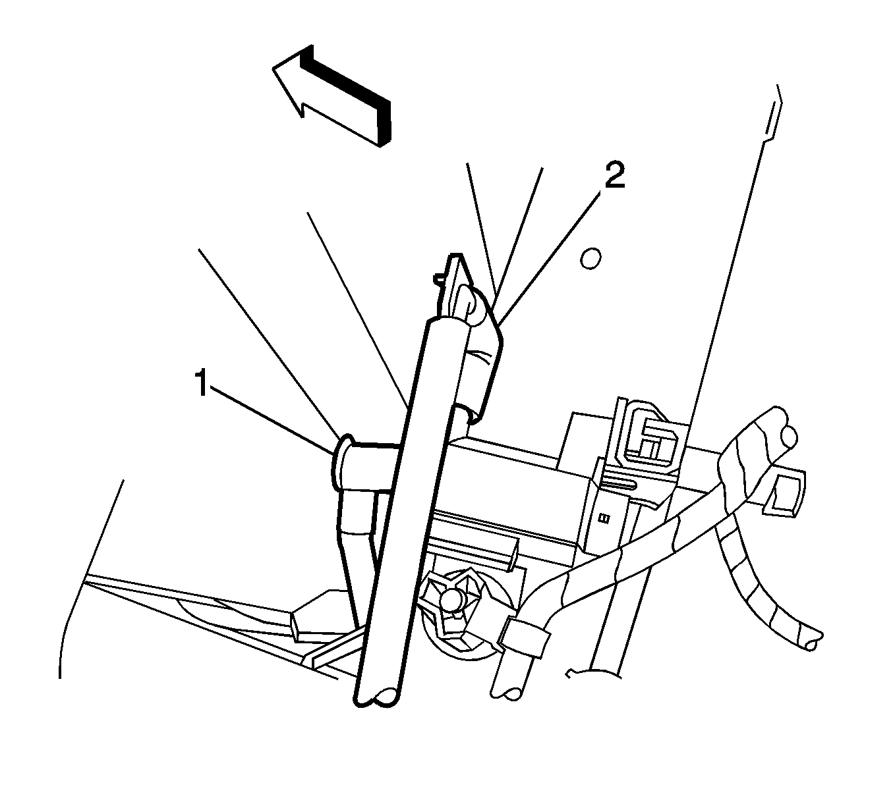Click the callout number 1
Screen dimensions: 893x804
pos(202,383)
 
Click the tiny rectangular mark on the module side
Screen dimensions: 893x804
pos(604,518)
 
